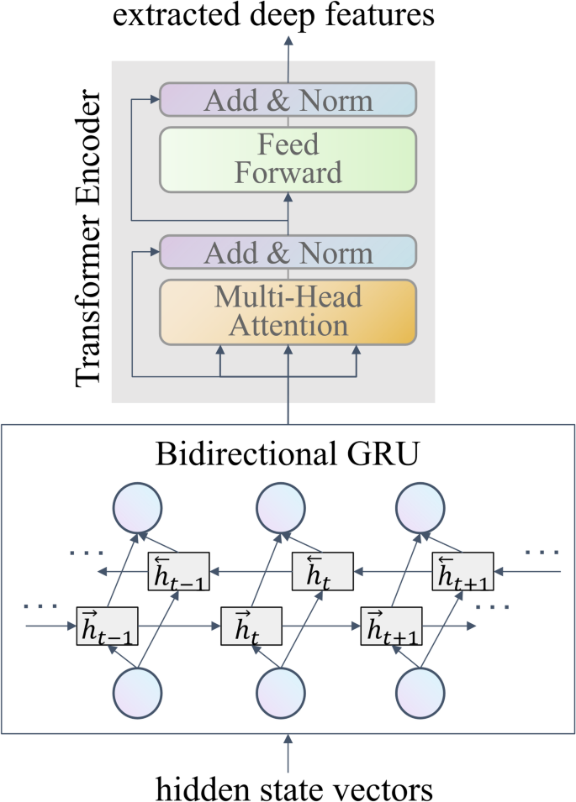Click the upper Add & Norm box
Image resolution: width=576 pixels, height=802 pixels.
(x=288, y=101)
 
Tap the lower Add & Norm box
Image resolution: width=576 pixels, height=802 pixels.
(x=288, y=253)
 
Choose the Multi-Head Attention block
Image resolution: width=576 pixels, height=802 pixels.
(x=288, y=312)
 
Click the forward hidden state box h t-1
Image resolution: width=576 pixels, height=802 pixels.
(x=107, y=626)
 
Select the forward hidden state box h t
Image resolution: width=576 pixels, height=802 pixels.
(x=251, y=626)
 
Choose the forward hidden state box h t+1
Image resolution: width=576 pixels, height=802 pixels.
(x=392, y=626)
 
